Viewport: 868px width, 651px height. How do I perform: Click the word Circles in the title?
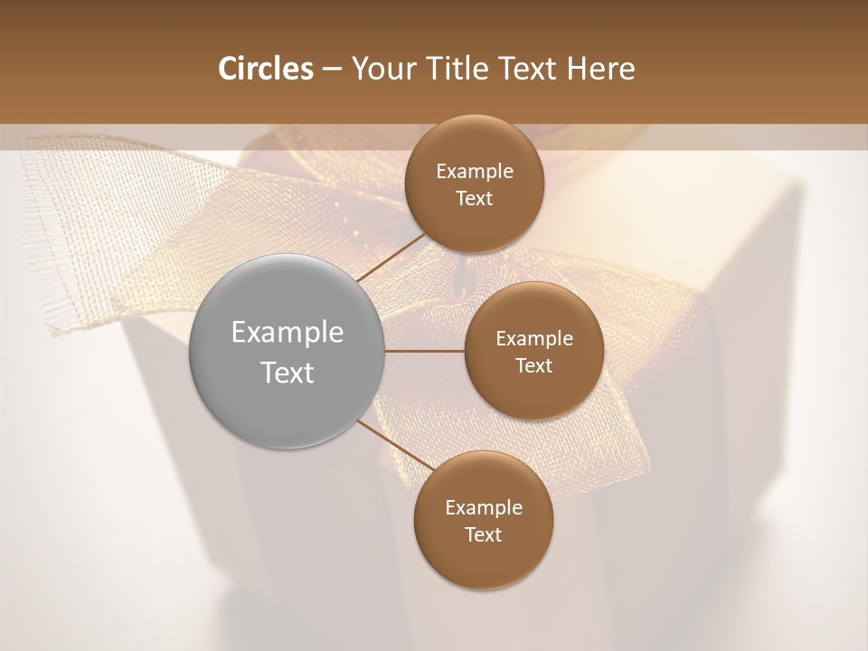[x=265, y=69]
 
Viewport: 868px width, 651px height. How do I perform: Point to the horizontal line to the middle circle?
[x=425, y=351]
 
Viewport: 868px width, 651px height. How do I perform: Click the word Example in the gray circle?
[x=288, y=333]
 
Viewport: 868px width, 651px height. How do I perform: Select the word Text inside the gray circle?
[x=288, y=373]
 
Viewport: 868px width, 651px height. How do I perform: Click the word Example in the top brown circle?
[x=475, y=172]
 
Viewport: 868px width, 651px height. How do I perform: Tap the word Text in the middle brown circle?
[x=533, y=365]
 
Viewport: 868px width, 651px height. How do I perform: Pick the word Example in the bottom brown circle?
[x=484, y=508]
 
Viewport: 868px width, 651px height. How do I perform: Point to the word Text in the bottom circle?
[x=483, y=534]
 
